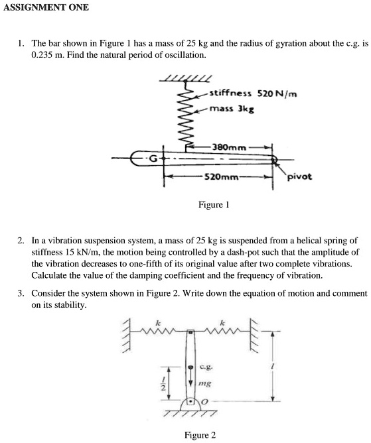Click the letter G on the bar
pos(153,159)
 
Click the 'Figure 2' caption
pos(200,435)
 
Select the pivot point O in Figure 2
pos(191,401)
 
